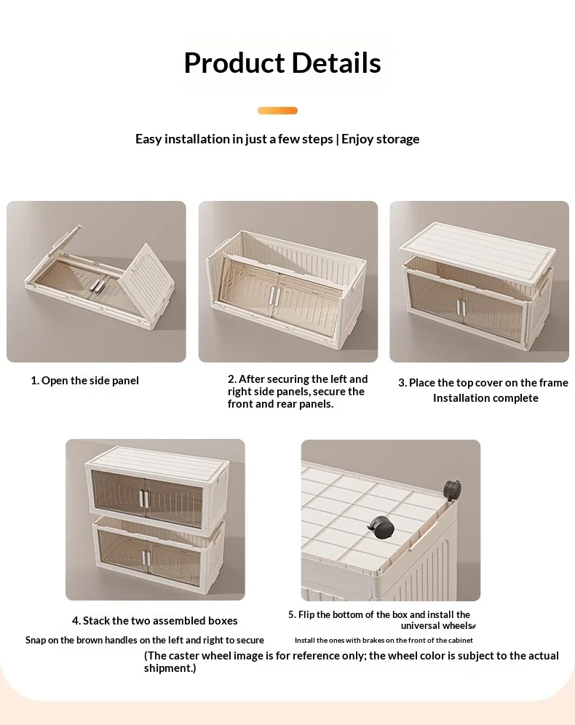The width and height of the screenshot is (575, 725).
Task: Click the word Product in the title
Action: pyautogui.click(x=234, y=64)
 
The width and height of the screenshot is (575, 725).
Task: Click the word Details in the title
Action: pyautogui.click(x=336, y=63)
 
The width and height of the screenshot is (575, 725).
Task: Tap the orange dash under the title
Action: pyautogui.click(x=277, y=111)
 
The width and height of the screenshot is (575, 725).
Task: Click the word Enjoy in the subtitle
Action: pyautogui.click(x=359, y=139)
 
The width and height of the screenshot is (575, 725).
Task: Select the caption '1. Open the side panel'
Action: pyautogui.click(x=84, y=381)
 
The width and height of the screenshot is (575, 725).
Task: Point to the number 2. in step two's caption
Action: pyautogui.click(x=232, y=379)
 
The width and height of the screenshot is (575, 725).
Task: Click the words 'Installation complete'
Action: pyautogui.click(x=485, y=398)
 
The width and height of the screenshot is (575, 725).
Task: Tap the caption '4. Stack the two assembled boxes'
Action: pyautogui.click(x=155, y=620)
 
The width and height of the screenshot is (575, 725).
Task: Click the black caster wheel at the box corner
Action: pyautogui.click(x=452, y=489)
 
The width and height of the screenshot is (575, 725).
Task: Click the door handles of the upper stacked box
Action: pyautogui.click(x=144, y=499)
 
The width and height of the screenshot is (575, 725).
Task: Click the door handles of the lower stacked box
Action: pyautogui.click(x=146, y=558)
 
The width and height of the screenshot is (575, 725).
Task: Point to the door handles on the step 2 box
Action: pyautogui.click(x=275, y=296)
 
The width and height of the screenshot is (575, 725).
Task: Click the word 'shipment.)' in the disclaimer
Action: pyautogui.click(x=170, y=668)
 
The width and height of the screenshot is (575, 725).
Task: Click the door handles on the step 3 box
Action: pyautogui.click(x=461, y=307)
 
